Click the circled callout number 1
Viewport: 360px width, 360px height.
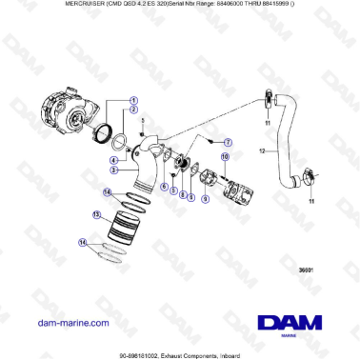pos(133,100)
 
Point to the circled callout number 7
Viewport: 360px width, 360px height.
pos(227,141)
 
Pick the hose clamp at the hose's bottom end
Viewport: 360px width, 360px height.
pos(307,175)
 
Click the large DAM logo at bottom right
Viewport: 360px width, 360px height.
pos(290,324)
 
